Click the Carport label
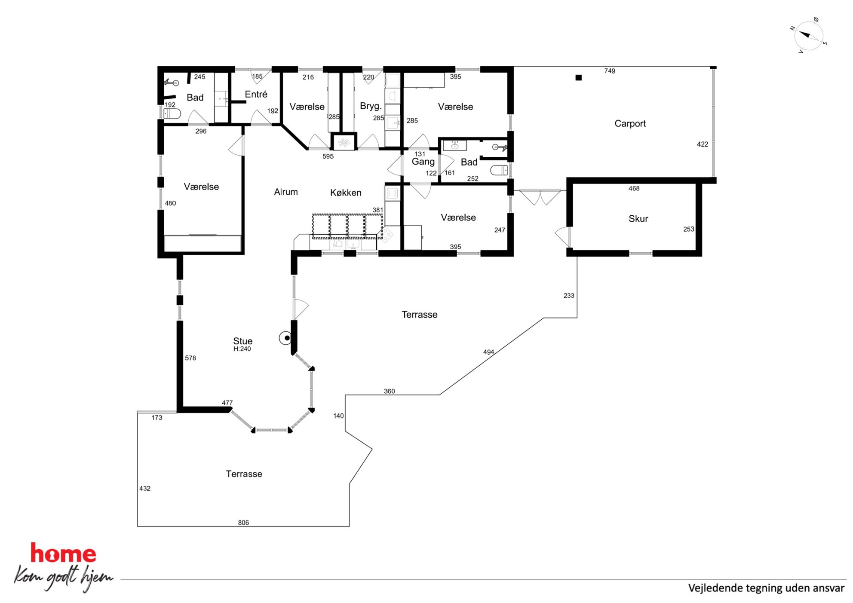click(630, 124)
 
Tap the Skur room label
click(638, 219)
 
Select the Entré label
click(256, 94)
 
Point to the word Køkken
click(346, 193)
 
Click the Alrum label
click(286, 192)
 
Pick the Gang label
click(423, 162)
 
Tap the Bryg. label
click(371, 106)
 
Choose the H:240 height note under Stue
click(242, 349)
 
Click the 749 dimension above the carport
click(610, 71)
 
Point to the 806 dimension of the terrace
click(243, 523)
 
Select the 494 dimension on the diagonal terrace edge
click(488, 352)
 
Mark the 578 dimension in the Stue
click(190, 358)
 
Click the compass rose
click(809, 36)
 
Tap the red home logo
click(63, 553)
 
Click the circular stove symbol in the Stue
click(285, 338)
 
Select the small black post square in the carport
click(579, 78)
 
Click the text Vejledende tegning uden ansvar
click(766, 588)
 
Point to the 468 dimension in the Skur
click(634, 188)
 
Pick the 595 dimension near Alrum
click(328, 156)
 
